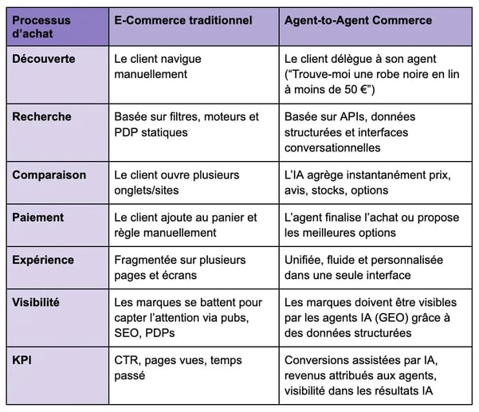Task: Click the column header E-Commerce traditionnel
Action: point(183,21)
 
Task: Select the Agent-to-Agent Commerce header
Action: point(358,21)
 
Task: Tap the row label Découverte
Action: point(44,59)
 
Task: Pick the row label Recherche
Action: point(42,116)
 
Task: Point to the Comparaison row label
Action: point(49,175)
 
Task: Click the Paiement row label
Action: point(38,218)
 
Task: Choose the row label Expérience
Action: point(43,261)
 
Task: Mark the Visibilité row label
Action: point(36,302)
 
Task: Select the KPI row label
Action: point(22,360)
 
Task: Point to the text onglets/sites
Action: point(147,190)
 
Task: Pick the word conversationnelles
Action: point(332,147)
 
